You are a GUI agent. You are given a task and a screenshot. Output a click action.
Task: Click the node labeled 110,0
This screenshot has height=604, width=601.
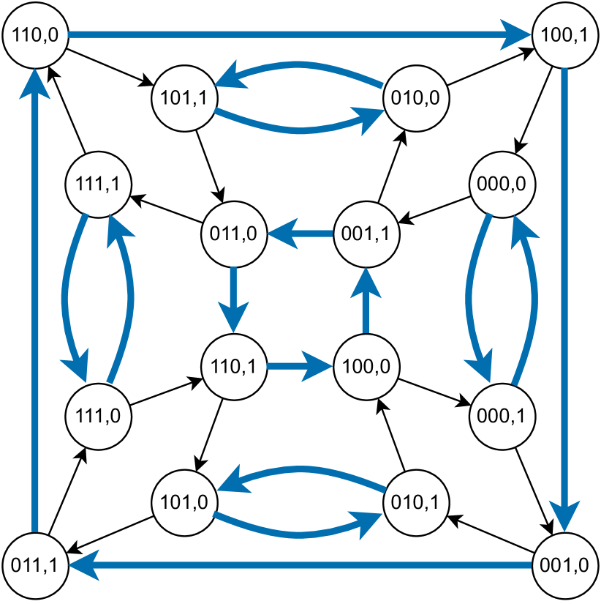pos(36,34)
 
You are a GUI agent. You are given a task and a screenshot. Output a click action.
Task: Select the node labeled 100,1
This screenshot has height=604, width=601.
pos(565,34)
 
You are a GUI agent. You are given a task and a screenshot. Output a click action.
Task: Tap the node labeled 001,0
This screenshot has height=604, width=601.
pos(565,565)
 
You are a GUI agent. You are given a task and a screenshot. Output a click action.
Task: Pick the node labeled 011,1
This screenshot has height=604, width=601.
pos(36,565)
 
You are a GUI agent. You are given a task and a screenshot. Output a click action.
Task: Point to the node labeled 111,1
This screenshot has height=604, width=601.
pos(98,184)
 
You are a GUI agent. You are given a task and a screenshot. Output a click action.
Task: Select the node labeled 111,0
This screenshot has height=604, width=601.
pos(98,414)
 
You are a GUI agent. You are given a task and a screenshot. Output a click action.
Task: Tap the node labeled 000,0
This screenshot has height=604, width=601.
pos(502,184)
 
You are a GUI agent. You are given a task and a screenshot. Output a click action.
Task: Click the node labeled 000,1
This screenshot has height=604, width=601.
pos(502,414)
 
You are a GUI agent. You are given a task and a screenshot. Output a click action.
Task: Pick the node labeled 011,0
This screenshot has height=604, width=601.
pos(233,234)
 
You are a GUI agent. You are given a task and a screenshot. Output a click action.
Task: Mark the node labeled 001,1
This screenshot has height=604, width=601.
pos(366,234)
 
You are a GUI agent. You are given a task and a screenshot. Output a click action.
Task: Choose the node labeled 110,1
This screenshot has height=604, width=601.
pos(233,365)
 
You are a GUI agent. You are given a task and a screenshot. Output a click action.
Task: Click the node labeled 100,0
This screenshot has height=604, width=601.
pos(366,365)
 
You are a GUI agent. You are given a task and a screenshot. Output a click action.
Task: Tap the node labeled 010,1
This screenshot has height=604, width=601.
pos(416,503)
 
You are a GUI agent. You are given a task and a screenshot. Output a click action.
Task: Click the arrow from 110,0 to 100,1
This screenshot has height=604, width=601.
pos(300,34)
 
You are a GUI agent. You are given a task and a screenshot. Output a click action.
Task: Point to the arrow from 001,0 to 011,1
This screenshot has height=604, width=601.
pos(300,565)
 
